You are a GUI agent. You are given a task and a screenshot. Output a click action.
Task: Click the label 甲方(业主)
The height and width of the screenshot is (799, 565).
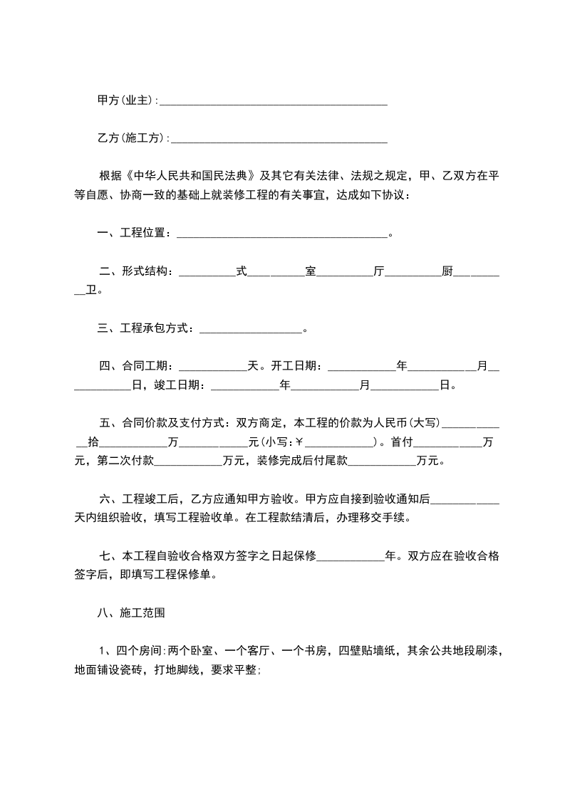[125, 100]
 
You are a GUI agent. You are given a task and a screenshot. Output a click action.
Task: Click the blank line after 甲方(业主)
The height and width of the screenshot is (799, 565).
[274, 102]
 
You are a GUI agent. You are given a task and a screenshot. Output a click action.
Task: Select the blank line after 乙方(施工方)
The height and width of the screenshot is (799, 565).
[279, 140]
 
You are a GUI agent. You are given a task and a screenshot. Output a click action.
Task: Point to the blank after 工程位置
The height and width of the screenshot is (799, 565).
[281, 234]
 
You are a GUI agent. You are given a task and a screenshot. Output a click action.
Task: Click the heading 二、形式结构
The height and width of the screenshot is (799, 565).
[135, 271]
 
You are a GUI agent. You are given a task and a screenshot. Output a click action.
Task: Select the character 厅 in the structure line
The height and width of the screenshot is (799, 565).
[378, 271]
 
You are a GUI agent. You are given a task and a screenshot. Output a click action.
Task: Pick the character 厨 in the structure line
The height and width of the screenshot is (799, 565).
[447, 271]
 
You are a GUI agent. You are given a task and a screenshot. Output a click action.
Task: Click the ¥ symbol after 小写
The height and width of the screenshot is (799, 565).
[299, 442]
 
